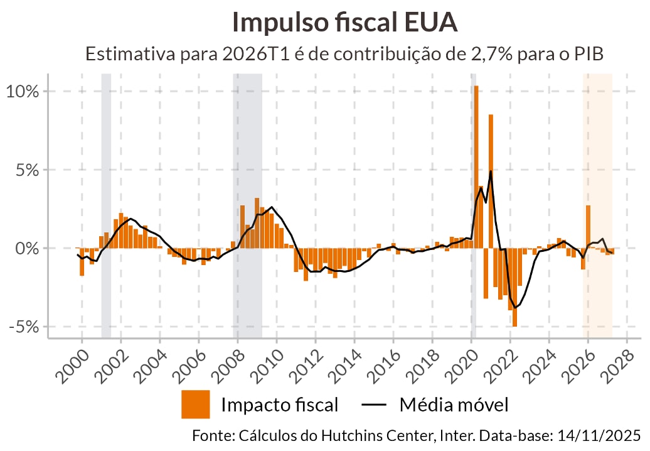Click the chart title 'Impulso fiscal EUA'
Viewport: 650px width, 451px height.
click(x=344, y=23)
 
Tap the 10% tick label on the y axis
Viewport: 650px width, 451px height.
click(x=23, y=91)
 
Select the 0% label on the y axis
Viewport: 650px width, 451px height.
click(x=27, y=249)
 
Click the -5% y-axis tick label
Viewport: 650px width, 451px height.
click(x=24, y=327)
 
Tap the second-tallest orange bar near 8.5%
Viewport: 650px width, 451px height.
click(x=491, y=182)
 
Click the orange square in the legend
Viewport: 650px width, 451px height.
click(x=195, y=405)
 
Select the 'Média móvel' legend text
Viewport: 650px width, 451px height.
click(x=454, y=405)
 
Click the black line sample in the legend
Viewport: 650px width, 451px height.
click(x=375, y=405)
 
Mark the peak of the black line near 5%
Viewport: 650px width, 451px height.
click(x=491, y=171)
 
